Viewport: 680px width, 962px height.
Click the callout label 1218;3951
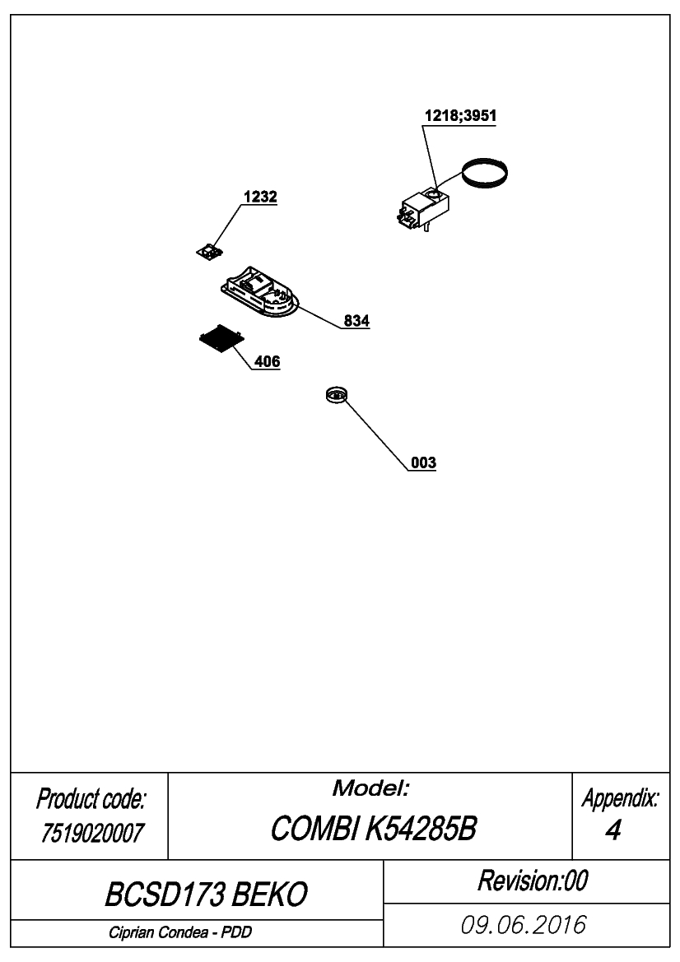460,115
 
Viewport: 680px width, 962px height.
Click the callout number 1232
260,197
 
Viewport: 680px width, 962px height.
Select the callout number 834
356,321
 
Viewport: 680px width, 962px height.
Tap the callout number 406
267,362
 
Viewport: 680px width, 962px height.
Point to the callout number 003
423,462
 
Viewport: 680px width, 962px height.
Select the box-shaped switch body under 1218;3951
422,208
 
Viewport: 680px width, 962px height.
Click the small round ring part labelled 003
337,394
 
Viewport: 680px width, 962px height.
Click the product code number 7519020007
92,833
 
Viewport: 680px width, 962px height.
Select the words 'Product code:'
91,799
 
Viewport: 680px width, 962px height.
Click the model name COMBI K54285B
373,829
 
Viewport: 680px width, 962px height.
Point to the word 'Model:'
370,788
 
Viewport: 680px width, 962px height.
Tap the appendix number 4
612,830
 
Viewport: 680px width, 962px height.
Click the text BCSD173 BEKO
206,895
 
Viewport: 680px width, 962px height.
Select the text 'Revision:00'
532,881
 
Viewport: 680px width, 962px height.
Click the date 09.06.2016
524,925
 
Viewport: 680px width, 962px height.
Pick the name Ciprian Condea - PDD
180,932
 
